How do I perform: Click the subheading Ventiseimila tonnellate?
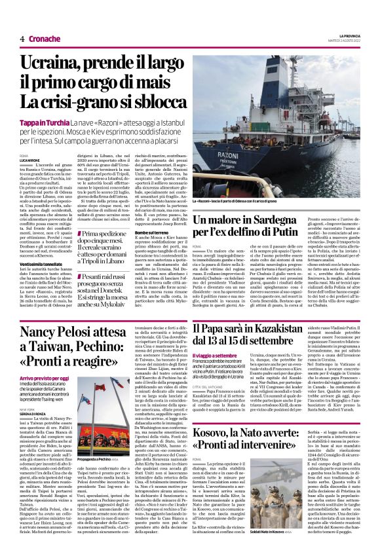[45, 244]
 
